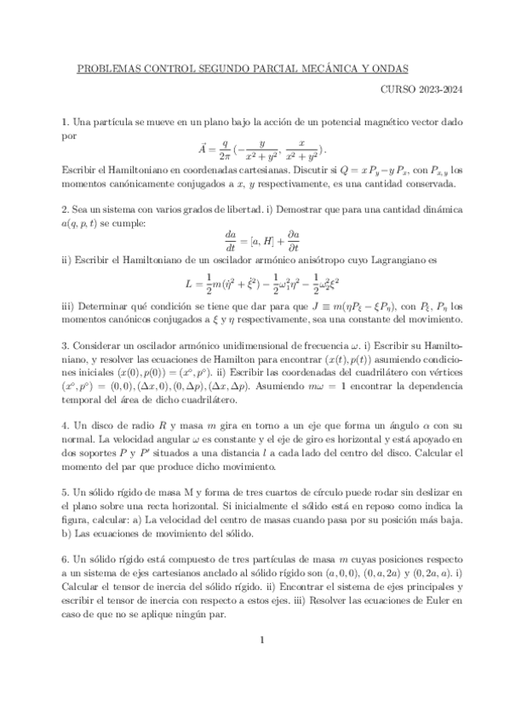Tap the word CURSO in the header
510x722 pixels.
(397, 88)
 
